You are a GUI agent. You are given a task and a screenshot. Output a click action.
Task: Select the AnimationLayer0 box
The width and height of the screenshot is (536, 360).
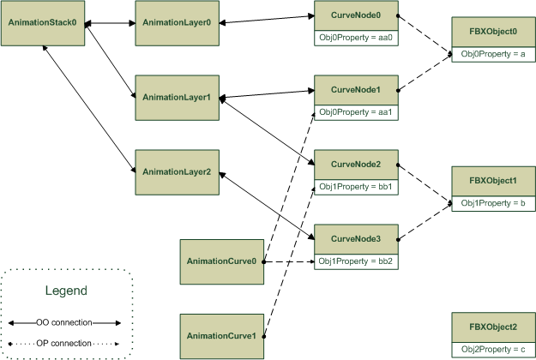pos(175,22)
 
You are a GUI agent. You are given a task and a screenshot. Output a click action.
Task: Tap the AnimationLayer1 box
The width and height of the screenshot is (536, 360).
pos(175,97)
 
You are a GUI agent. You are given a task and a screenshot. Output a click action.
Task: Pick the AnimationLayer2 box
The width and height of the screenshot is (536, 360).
pos(175,171)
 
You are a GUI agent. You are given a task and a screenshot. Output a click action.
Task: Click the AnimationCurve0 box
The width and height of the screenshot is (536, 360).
pos(220,261)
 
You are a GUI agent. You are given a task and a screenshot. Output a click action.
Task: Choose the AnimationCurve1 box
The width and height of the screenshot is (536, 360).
pos(220,335)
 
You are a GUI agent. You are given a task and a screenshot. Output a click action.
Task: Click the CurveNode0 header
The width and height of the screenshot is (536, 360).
pos(355,15)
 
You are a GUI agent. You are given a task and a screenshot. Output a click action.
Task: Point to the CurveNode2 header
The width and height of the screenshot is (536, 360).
pos(355,164)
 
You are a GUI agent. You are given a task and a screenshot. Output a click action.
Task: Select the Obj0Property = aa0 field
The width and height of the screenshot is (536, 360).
pos(355,38)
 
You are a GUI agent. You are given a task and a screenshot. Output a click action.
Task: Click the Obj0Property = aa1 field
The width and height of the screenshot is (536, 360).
pos(355,112)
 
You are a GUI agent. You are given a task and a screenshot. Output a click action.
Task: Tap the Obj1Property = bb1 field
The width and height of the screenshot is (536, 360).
pos(355,186)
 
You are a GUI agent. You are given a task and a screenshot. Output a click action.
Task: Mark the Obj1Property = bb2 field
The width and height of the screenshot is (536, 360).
pos(355,261)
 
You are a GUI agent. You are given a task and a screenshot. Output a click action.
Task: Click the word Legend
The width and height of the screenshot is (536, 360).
pos(66,291)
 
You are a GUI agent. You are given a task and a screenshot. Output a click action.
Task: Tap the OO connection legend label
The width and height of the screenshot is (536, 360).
pos(65,323)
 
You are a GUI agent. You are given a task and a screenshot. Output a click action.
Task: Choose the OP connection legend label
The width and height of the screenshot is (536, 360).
pos(65,343)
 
